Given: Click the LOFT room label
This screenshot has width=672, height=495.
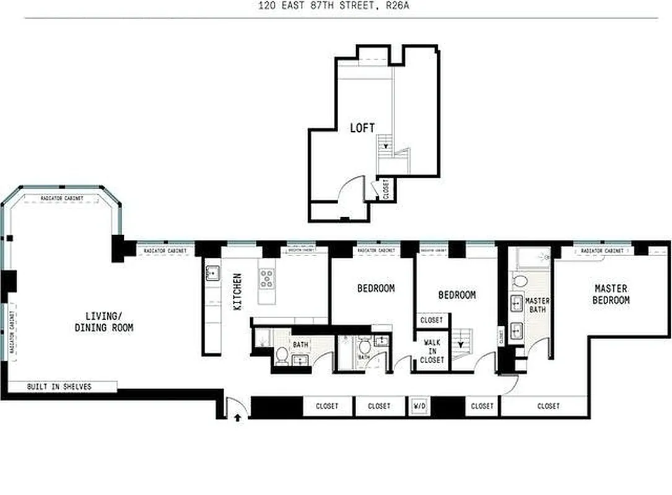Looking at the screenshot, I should [x=362, y=128].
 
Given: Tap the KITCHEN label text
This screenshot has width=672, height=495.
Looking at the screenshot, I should [x=238, y=292].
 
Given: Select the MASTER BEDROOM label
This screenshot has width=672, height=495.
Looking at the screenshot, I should [x=611, y=294].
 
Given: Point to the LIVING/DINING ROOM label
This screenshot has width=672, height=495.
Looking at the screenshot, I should [x=103, y=322].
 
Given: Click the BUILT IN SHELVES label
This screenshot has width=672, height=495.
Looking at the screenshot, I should [x=59, y=387].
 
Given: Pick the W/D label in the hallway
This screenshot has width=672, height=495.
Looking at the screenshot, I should [x=419, y=406].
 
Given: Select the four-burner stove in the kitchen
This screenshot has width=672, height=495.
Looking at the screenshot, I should [x=267, y=278].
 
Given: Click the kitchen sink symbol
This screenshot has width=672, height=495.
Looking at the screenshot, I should [x=211, y=272].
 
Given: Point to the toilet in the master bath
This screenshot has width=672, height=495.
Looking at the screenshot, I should [x=520, y=282].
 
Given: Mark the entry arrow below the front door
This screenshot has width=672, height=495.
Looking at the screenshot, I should [x=237, y=418].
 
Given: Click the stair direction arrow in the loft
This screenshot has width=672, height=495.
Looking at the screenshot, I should [x=386, y=147].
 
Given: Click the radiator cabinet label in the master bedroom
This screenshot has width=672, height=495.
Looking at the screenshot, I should [x=601, y=251].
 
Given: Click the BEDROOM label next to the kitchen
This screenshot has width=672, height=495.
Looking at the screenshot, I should [x=375, y=288].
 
